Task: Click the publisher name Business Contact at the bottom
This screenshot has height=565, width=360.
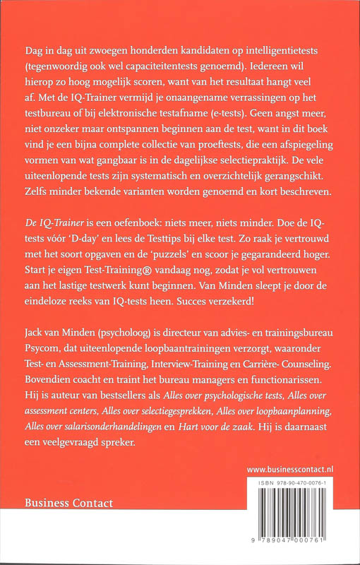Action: coord(68,504)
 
